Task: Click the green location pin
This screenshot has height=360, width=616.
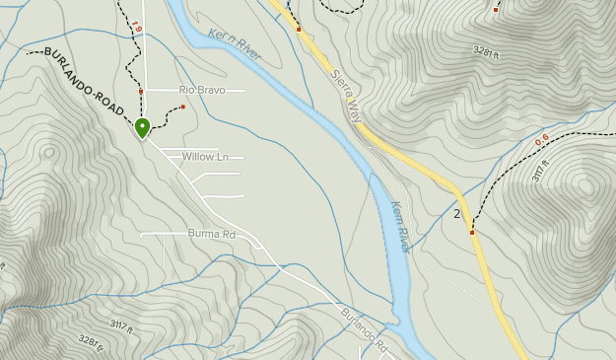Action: point(142,127)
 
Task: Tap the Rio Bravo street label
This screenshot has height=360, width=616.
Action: point(202,90)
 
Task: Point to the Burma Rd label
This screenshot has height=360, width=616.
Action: point(212,235)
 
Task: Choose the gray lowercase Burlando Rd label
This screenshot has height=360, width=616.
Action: point(366,332)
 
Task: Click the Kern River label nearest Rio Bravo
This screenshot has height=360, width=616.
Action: point(235,44)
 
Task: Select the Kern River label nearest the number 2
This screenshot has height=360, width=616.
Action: point(400,224)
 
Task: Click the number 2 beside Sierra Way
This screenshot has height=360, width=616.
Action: point(456,214)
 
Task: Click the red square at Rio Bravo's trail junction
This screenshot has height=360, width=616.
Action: point(141,92)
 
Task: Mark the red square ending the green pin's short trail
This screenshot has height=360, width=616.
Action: point(183,107)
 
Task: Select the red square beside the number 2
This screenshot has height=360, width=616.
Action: point(472,233)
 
